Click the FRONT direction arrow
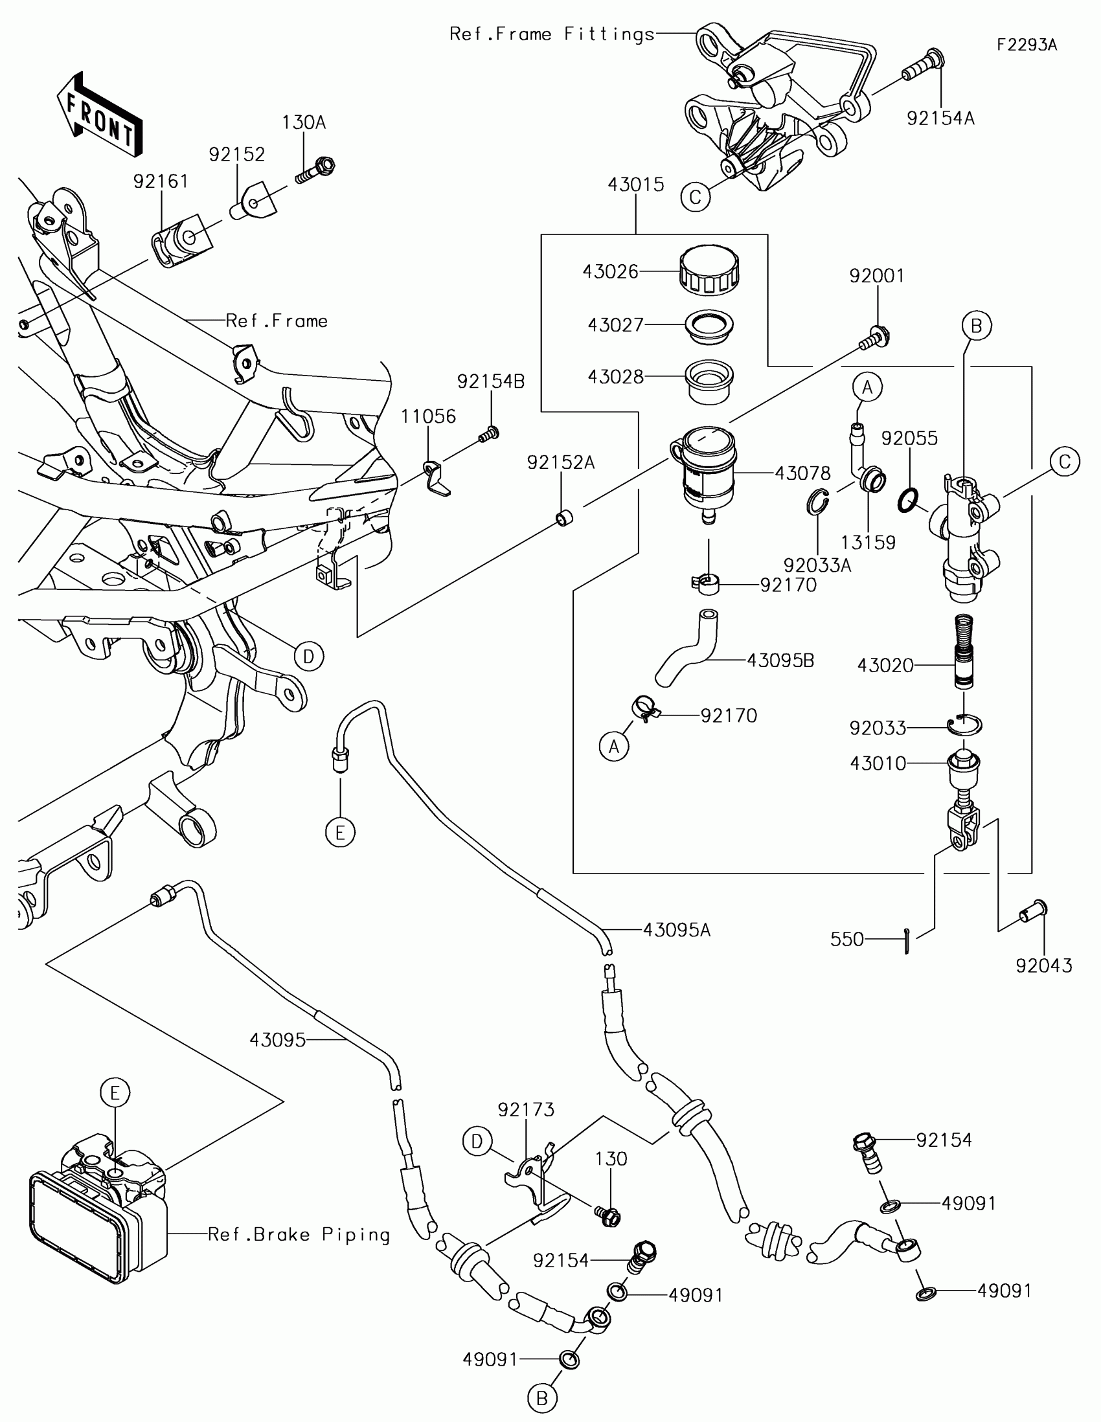click(x=100, y=115)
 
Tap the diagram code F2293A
click(x=1027, y=45)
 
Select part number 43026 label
click(x=610, y=271)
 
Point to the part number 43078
click(x=803, y=473)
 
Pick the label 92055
click(x=909, y=438)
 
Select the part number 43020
click(x=885, y=666)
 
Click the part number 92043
click(x=1044, y=965)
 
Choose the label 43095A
click(x=677, y=931)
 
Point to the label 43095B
click(x=780, y=660)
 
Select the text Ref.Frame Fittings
click(x=552, y=34)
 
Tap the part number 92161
click(x=161, y=181)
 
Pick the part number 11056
click(x=429, y=416)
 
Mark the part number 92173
click(x=526, y=1109)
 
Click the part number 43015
click(x=636, y=185)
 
